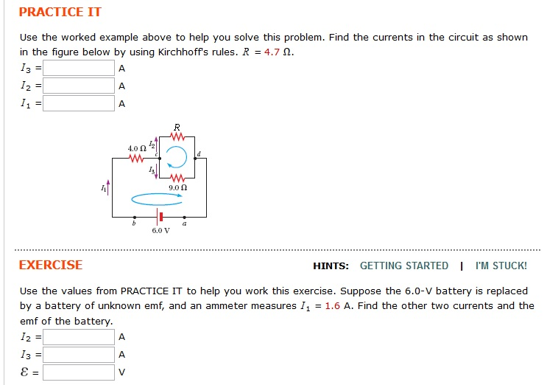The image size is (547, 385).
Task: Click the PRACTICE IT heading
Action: coord(60,13)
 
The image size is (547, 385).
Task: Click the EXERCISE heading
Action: coord(51,266)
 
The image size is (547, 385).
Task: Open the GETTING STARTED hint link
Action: coord(403,266)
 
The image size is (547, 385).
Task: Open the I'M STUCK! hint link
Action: coord(501,266)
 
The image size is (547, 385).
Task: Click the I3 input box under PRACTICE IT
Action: coord(79,69)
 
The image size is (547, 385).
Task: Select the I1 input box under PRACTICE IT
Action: coord(79,103)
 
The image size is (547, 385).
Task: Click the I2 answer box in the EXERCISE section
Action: coord(79,337)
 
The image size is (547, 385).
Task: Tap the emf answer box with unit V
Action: coord(79,372)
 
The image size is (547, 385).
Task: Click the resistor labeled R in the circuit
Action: coord(176,136)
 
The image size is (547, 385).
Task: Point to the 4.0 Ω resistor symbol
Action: coord(135,158)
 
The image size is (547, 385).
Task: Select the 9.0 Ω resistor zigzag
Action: coord(177,178)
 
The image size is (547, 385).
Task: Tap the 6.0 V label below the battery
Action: coord(160,231)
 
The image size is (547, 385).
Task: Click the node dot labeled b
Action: coord(134,218)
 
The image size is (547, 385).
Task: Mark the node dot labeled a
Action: coord(184,218)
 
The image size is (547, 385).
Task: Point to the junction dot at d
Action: coord(194,158)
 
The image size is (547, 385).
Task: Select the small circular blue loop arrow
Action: coord(177,156)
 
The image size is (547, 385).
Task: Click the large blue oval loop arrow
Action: coord(156,198)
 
